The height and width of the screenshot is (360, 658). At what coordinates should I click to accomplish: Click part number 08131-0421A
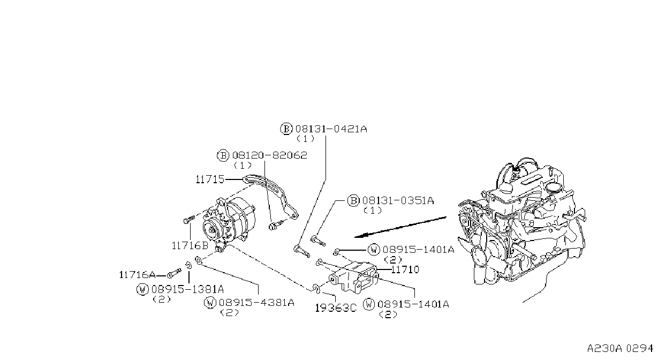[331, 129]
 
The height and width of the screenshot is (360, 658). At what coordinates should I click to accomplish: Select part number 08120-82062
[270, 155]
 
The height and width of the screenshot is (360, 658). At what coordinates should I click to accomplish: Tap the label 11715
[210, 179]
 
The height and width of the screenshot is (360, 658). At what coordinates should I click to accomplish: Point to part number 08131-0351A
[398, 201]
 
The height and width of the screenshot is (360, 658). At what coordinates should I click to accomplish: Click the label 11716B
[190, 245]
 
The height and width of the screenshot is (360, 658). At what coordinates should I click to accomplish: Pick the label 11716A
[138, 275]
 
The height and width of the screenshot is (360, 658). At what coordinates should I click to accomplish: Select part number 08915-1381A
[187, 289]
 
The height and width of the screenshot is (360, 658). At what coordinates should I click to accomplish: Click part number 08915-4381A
[256, 302]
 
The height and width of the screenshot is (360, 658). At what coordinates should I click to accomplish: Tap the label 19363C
[336, 308]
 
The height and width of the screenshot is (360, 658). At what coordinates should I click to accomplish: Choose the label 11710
[405, 269]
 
